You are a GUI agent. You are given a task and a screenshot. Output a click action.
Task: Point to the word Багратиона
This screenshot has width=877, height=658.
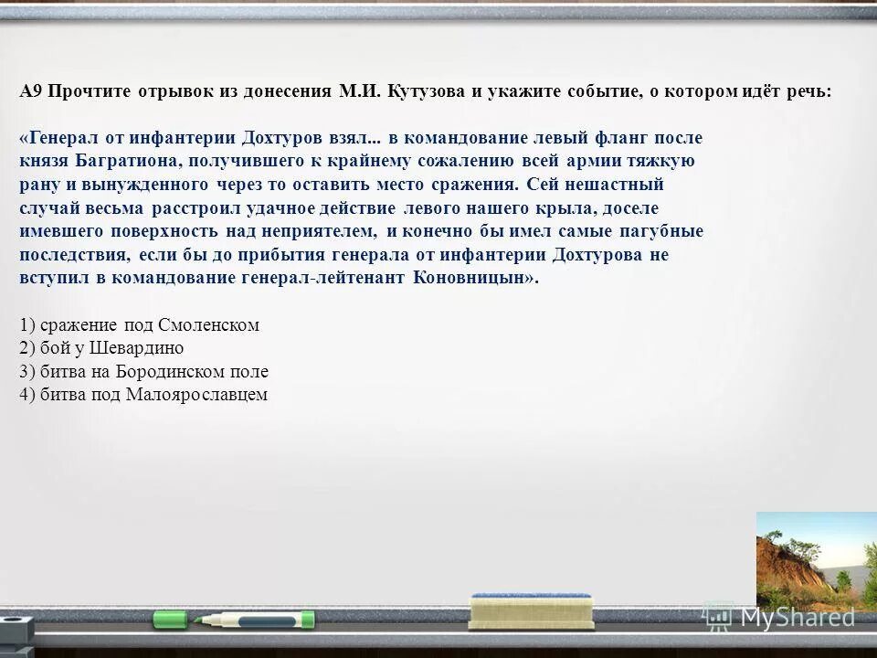(121, 161)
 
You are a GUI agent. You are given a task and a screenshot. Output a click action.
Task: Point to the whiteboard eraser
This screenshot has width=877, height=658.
(531, 610)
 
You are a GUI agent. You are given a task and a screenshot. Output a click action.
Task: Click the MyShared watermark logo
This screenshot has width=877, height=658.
(780, 618)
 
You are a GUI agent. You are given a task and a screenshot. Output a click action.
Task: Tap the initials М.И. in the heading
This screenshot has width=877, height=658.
(360, 92)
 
